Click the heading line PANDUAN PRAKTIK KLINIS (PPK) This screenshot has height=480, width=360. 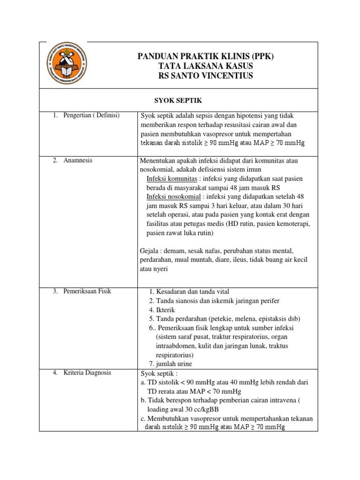(x=205, y=56)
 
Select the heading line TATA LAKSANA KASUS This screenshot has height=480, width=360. (x=205, y=66)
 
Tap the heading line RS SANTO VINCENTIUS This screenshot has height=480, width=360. (x=205, y=75)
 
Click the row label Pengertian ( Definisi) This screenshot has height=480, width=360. (x=91, y=116)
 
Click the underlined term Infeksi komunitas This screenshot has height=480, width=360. (x=171, y=179)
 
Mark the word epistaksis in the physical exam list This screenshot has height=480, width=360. (x=273, y=319)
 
